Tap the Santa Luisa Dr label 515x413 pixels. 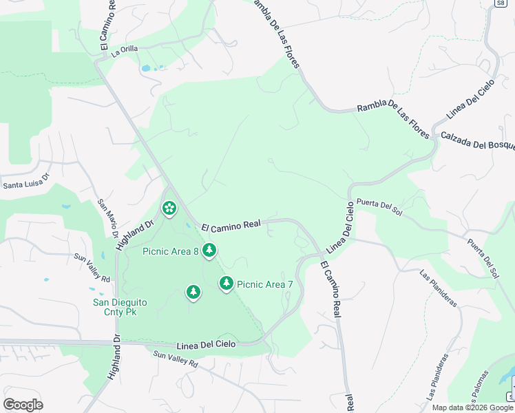click(x=27, y=184)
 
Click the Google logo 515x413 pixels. click(x=23, y=405)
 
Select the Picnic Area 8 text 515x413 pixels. click(x=170, y=251)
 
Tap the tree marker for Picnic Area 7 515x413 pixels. click(x=227, y=283)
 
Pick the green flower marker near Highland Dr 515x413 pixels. click(x=169, y=207)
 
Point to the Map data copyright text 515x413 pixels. click(x=472, y=407)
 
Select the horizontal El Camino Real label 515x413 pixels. click(x=231, y=224)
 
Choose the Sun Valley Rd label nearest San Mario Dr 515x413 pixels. click(x=93, y=267)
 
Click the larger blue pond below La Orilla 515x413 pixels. click(x=145, y=68)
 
